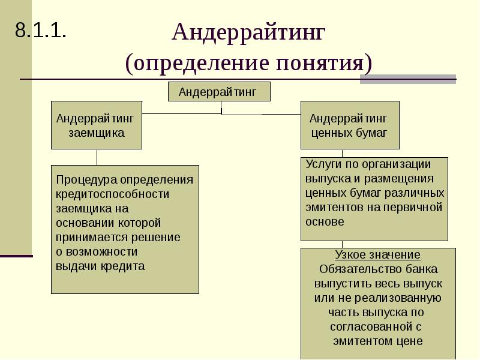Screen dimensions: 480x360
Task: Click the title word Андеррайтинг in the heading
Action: click(248, 32)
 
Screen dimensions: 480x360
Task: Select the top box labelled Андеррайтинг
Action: click(218, 92)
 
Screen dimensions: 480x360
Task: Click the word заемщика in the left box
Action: click(97, 133)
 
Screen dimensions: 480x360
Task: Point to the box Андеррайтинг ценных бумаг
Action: click(349, 125)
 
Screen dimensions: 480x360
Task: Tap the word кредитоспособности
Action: click(113, 194)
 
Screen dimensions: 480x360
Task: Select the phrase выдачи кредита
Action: click(100, 266)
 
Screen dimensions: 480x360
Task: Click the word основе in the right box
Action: click(325, 221)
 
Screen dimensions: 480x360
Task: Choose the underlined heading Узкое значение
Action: click(377, 255)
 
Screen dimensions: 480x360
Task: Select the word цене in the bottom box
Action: click(410, 341)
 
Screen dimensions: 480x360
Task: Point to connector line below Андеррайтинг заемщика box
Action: click(97, 157)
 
